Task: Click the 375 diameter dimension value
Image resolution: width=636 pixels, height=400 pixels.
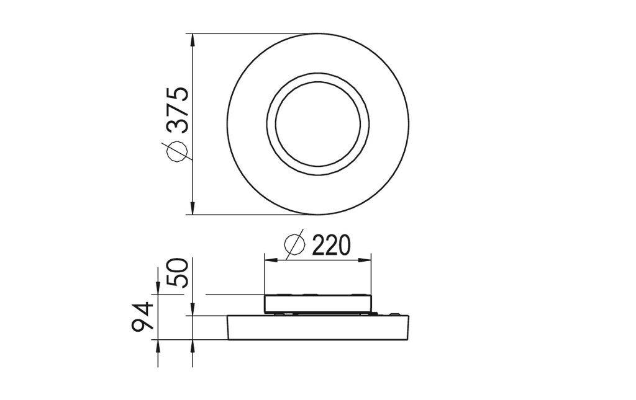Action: point(178,110)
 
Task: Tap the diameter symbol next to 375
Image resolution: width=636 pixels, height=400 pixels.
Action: point(176,151)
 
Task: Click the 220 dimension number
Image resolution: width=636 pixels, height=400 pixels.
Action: point(330,246)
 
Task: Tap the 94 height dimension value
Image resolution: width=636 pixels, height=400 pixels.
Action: point(143,316)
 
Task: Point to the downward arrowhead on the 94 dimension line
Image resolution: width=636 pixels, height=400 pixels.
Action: point(158,287)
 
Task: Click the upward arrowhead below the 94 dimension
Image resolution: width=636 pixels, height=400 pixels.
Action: point(158,345)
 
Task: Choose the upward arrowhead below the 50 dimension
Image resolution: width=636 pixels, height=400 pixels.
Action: point(193,345)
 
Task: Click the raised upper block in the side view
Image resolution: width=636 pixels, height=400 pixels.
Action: point(318,303)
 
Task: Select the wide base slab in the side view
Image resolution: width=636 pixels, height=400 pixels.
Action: point(318,328)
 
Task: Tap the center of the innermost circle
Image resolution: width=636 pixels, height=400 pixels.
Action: point(318,124)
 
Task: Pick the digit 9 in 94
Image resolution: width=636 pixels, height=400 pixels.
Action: point(143,327)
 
